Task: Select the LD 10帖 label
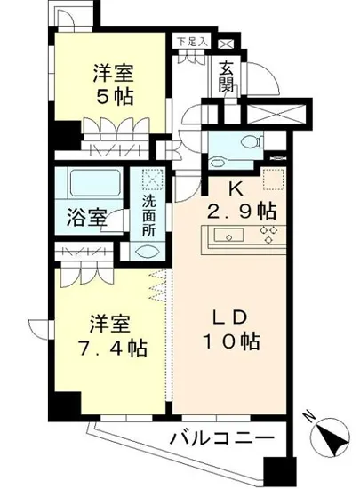click(232, 330)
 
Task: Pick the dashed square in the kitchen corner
click(270, 177)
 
